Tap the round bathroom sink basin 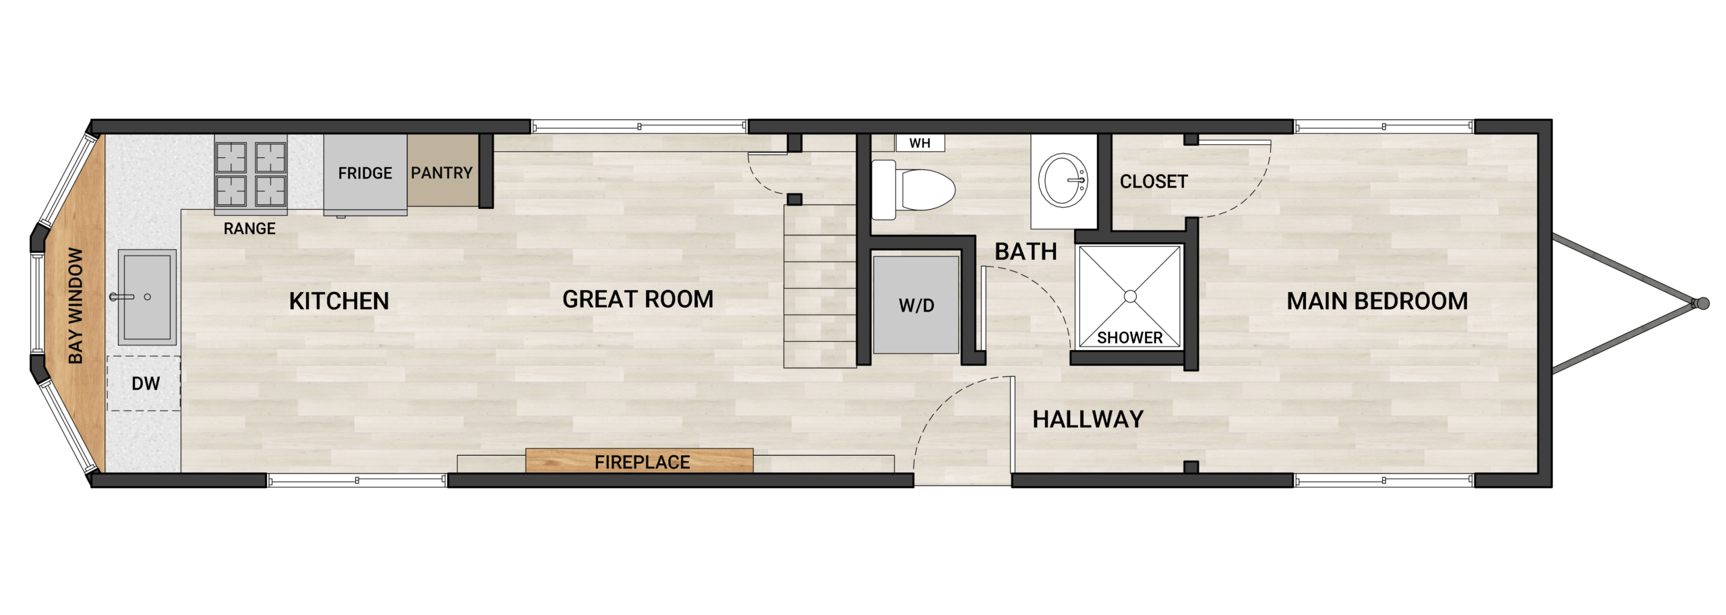coord(1063,180)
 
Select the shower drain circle coord(1131,296)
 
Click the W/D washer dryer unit coord(916,305)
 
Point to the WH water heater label coord(920,143)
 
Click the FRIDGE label coord(365,173)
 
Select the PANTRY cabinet coord(442,173)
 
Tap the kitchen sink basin coord(147,297)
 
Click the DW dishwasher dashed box coord(144,383)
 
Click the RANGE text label coord(249,229)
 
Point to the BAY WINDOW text coord(76,305)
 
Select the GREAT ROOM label coord(638,299)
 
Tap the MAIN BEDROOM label coord(1377,301)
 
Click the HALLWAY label coord(1088,419)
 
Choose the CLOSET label coord(1154,181)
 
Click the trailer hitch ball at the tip coord(1702,304)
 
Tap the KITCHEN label coord(339,301)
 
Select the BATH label coord(1025,252)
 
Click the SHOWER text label coord(1130,337)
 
